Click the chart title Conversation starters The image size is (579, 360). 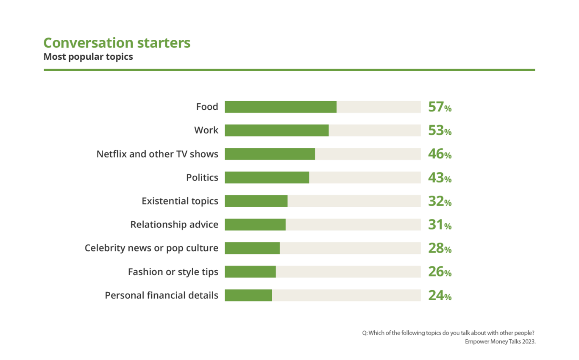117,43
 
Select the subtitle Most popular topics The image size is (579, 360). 88,57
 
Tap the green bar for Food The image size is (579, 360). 281,107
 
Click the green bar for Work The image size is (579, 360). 276,130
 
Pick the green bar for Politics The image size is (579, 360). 267,177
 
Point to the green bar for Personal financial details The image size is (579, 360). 248,295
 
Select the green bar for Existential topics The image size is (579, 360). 256,201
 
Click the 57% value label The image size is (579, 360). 440,107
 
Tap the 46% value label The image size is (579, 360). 440,154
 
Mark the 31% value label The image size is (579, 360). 440,225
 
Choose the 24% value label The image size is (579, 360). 440,296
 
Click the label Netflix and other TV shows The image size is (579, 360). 157,154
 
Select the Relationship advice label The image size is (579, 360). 174,224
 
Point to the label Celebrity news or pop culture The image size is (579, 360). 151,248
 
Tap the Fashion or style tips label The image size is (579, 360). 173,272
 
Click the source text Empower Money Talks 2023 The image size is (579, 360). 500,342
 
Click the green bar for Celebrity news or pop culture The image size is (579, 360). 252,248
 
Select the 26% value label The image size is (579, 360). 440,272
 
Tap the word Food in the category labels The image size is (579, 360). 207,107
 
